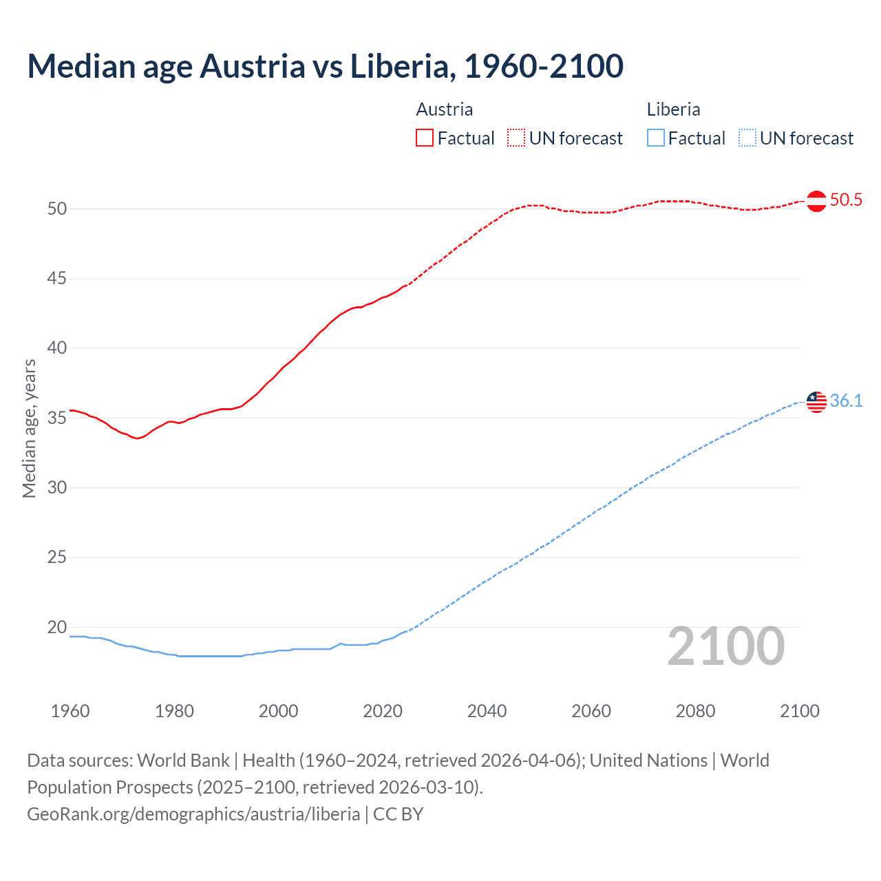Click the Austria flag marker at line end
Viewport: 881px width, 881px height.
point(816,201)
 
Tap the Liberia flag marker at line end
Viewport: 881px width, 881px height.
point(816,401)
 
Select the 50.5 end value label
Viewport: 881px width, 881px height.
point(846,200)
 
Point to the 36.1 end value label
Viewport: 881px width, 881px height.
point(846,401)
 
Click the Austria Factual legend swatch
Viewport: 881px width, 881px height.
point(425,138)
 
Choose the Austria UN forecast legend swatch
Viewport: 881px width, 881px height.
point(516,138)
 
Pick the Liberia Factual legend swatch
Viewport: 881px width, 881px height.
point(656,138)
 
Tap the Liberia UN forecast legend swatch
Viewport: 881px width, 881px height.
point(747,138)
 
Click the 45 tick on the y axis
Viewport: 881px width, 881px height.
point(57,279)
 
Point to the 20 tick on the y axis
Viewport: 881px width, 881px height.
point(57,627)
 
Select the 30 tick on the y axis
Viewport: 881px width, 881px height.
point(57,488)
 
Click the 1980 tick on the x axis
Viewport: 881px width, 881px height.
point(174,711)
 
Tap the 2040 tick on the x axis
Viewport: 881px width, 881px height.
point(487,711)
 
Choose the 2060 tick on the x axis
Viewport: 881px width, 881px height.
point(591,711)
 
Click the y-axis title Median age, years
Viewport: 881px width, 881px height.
point(30,428)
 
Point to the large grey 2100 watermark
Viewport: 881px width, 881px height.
point(725,646)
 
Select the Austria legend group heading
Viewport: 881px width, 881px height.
point(445,109)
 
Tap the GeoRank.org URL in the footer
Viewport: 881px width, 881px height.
point(193,814)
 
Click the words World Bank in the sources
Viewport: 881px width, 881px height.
point(183,761)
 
